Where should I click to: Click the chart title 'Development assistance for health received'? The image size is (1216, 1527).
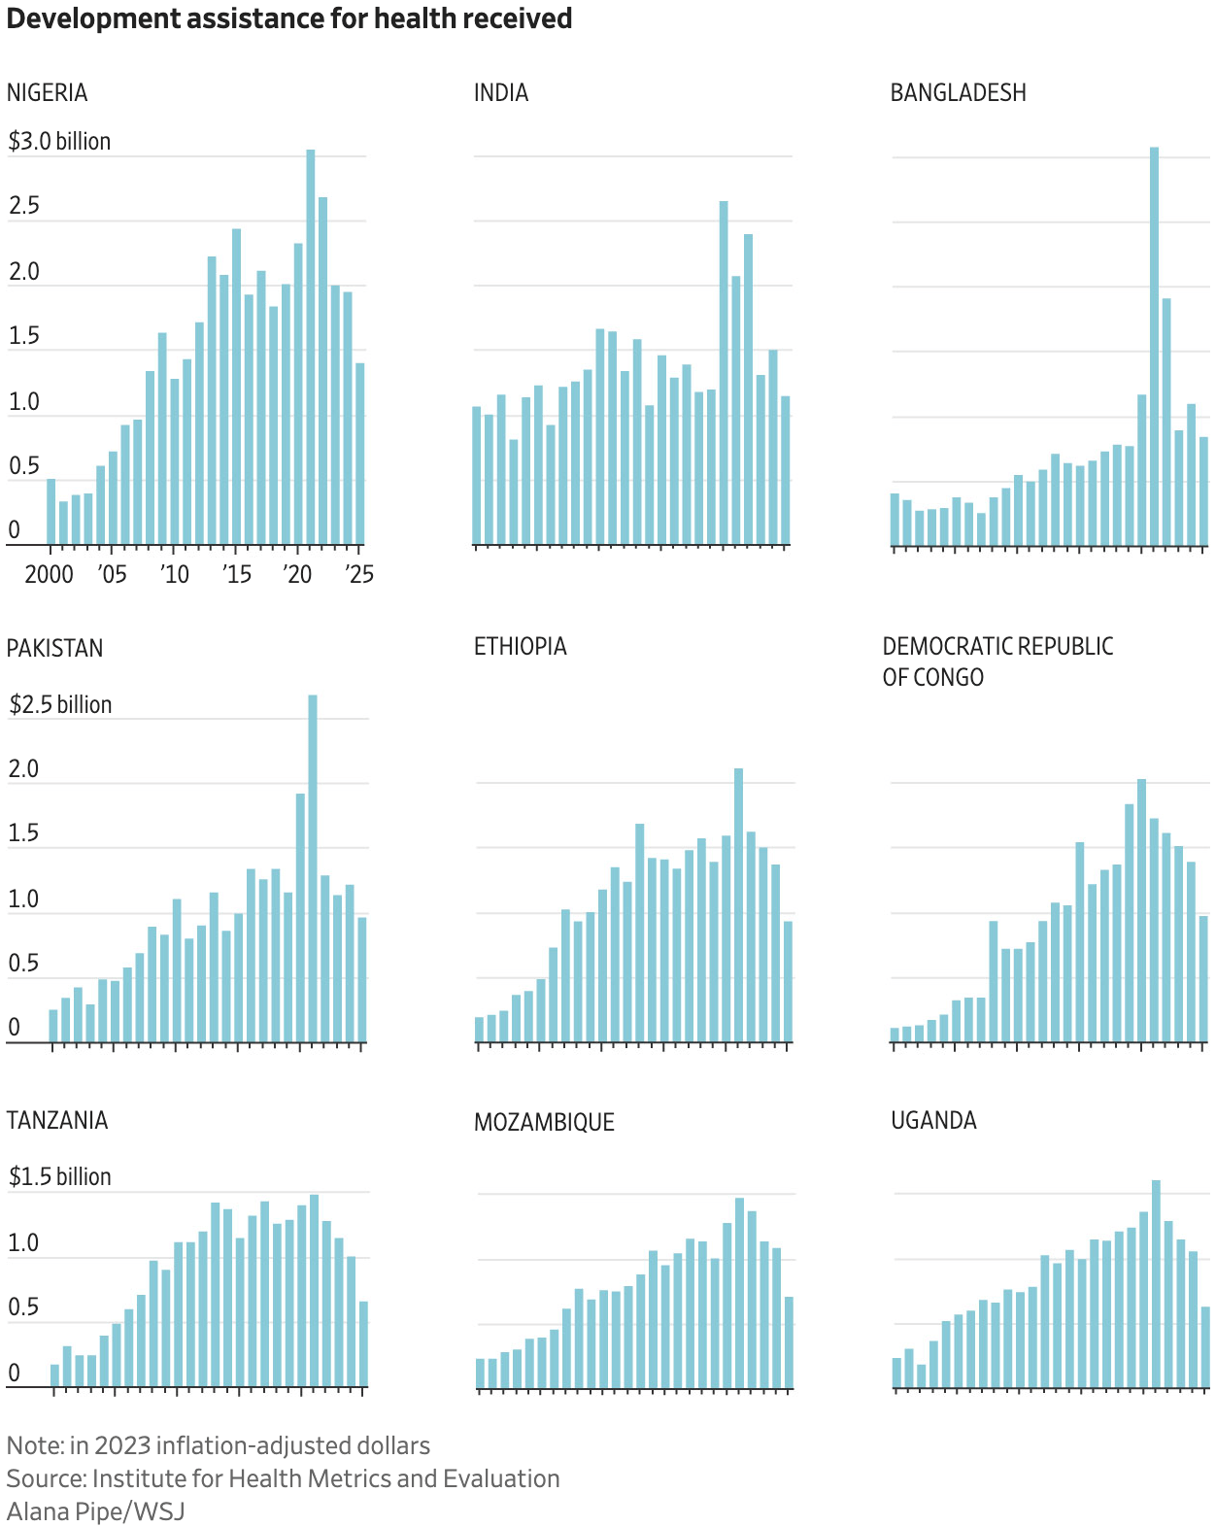tap(288, 18)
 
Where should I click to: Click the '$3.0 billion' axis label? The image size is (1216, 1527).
tap(59, 141)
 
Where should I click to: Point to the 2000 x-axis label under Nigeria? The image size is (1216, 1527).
tap(49, 574)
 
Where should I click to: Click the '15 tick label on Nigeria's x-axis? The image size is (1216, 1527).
tap(237, 574)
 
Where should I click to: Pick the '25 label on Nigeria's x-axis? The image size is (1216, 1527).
tap(359, 574)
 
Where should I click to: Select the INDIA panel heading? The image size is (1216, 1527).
tap(501, 92)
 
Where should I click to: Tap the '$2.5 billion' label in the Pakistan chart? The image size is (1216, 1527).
tap(60, 704)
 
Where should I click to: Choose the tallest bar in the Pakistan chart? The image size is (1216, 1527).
tap(313, 868)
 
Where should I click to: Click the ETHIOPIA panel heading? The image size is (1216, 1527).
tap(520, 646)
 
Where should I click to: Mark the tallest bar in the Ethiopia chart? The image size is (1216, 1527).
tap(738, 905)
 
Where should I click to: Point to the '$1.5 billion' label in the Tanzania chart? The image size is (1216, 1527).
tap(60, 1176)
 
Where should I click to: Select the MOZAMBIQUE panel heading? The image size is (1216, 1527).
tap(544, 1122)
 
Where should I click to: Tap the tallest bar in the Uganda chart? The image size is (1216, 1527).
tap(1156, 1283)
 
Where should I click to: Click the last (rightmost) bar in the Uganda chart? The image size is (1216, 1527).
tap(1205, 1347)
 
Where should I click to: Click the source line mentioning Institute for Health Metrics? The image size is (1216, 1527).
tap(283, 1478)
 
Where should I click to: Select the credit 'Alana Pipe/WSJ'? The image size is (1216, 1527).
tap(95, 1511)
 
